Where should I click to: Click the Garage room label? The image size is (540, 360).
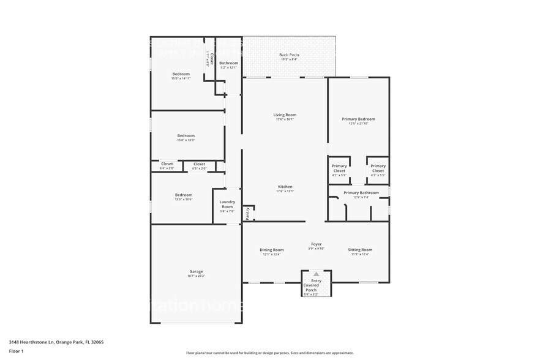click(x=196, y=271)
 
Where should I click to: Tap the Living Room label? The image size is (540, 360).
click(x=285, y=115)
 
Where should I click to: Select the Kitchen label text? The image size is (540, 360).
click(x=285, y=187)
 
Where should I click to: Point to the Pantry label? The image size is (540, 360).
click(x=247, y=213)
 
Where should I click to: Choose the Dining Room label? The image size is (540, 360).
click(x=271, y=250)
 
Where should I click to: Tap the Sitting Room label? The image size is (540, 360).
click(x=360, y=250)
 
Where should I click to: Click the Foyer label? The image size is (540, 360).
click(x=316, y=244)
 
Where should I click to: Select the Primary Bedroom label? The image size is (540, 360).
click(x=358, y=119)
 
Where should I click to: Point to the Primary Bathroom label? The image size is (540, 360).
click(x=361, y=193)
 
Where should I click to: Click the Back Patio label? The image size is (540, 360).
click(x=289, y=55)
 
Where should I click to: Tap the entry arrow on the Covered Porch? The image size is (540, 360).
click(x=316, y=274)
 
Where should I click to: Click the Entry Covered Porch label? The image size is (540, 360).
click(x=316, y=284)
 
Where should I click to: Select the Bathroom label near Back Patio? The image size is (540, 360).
click(x=229, y=63)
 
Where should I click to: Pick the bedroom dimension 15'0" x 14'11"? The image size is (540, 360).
click(x=181, y=79)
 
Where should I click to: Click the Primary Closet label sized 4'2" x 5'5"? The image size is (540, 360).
click(x=339, y=175)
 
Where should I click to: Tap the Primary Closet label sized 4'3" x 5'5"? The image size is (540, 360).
click(x=378, y=175)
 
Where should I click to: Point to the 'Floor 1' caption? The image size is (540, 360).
click(x=16, y=351)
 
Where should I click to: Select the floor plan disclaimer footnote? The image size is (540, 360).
click(x=269, y=353)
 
